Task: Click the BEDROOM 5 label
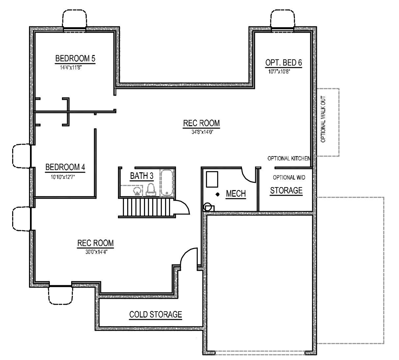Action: pyautogui.click(x=75, y=58)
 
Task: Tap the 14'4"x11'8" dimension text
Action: pyautogui.click(x=71, y=68)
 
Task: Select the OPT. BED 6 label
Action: pyautogui.click(x=284, y=63)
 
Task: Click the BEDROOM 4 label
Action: pyautogui.click(x=65, y=167)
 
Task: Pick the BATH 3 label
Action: pyautogui.click(x=142, y=176)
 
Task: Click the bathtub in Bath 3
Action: pyautogui.click(x=167, y=182)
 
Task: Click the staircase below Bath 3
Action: pyautogui.click(x=147, y=207)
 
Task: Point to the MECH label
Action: pyautogui.click(x=236, y=194)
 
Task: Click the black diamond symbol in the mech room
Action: pyautogui.click(x=217, y=194)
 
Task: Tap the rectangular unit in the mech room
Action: pyautogui.click(x=212, y=179)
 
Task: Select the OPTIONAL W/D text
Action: pyautogui.click(x=289, y=178)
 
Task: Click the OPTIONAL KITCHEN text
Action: pyautogui.click(x=289, y=158)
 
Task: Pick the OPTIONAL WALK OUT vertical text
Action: pyautogui.click(x=323, y=119)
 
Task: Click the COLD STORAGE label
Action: pyautogui.click(x=156, y=315)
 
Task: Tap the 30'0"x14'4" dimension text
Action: pyautogui.click(x=97, y=252)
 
